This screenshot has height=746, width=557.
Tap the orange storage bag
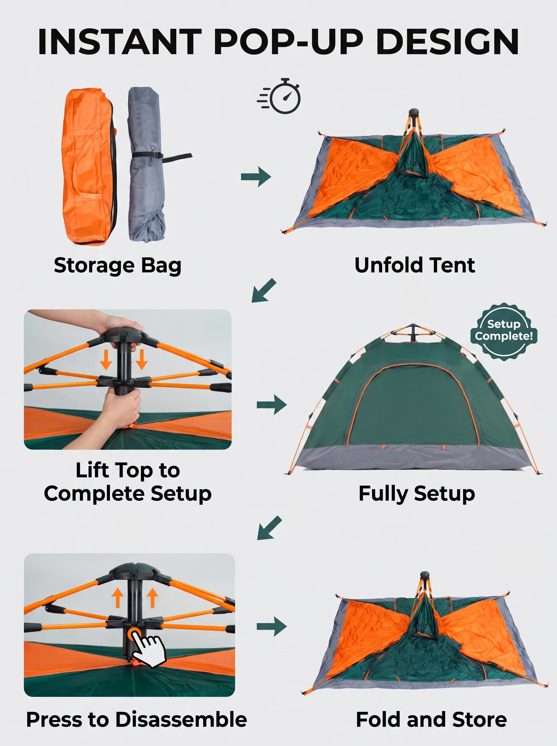pos(88,167)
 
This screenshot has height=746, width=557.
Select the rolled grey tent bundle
pos(147,164)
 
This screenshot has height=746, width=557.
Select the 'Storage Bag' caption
pos(117,265)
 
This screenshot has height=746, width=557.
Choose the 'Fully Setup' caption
pos(417,494)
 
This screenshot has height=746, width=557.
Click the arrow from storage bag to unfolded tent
pos(256,176)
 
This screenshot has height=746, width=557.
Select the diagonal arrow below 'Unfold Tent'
pos(264,290)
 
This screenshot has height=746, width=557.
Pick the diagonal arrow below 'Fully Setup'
pos(269,527)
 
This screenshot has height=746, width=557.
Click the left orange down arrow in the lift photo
pos(106,359)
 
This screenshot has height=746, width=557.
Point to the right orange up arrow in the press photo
pos(152,598)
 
